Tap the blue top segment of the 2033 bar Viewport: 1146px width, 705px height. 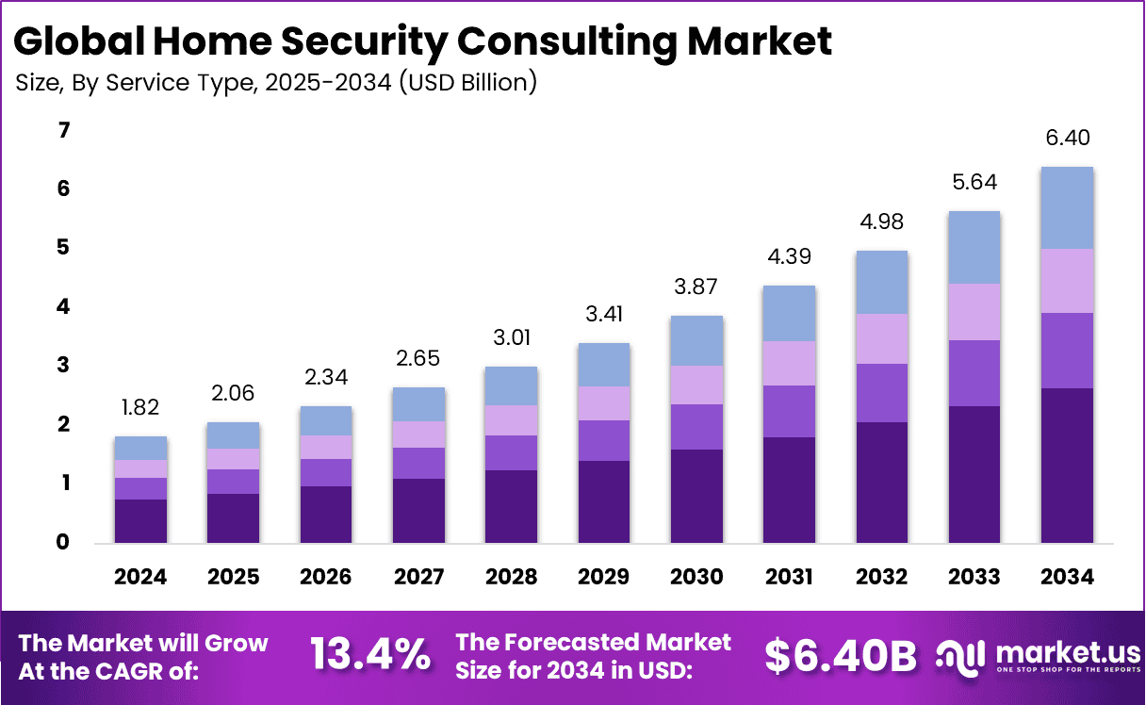coord(974,247)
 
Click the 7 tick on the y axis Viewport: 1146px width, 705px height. coord(64,131)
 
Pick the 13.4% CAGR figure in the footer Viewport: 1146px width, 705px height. coord(370,655)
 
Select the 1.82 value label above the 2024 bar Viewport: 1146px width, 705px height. coord(140,408)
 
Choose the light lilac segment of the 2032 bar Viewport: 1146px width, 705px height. coord(881,338)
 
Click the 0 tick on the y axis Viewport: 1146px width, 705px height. coord(64,542)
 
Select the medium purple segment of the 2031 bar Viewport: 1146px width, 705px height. coord(789,411)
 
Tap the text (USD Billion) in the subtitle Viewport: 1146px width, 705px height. coord(467,83)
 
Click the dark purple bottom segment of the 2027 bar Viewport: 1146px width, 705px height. coord(418,511)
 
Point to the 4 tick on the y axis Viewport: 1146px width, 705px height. coord(64,307)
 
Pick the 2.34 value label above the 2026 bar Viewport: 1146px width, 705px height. coord(326,378)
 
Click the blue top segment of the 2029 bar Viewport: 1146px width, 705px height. coord(603,364)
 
